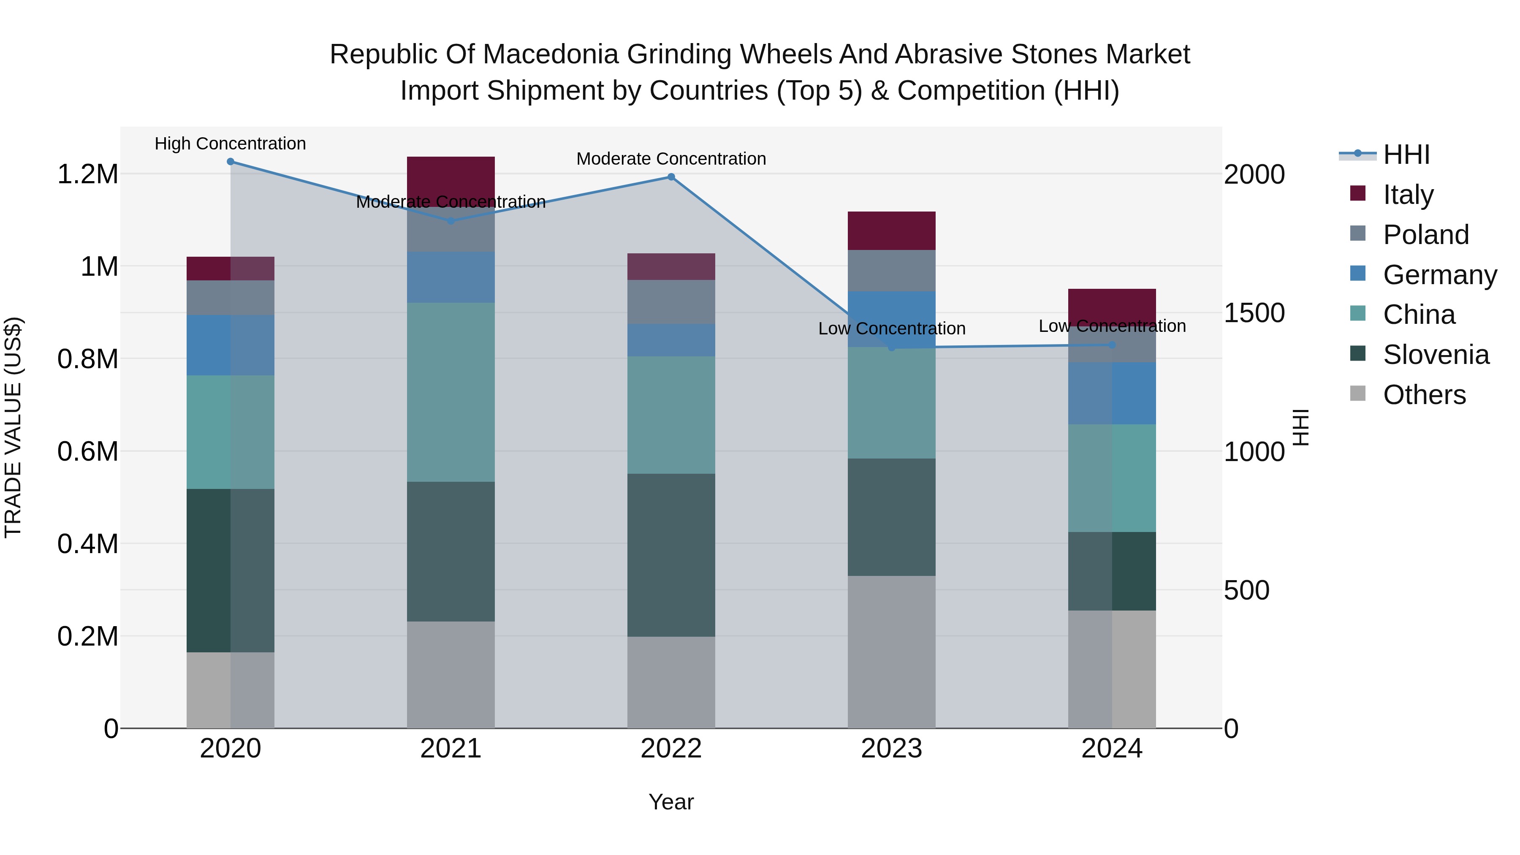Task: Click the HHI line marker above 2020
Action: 231,162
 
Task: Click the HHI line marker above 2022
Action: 671,177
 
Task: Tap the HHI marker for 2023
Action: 892,347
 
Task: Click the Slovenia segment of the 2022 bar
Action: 671,555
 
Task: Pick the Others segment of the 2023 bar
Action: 892,652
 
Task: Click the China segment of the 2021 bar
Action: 451,392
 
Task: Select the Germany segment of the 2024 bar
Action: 1112,393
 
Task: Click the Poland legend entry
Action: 1425,235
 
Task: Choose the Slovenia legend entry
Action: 1435,355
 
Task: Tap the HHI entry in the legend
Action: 1406,155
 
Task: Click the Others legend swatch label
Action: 1423,395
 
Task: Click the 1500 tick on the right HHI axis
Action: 1254,313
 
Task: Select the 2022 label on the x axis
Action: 671,749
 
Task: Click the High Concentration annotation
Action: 230,144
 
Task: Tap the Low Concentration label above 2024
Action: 1112,326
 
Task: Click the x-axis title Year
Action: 671,802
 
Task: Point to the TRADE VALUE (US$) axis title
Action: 13,427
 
